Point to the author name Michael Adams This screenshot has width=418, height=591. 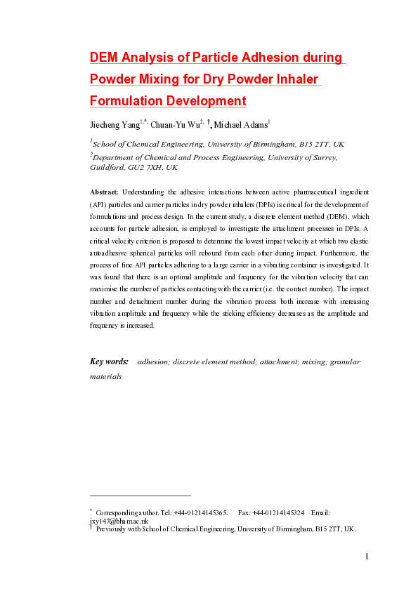click(240, 126)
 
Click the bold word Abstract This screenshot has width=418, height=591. click(105, 191)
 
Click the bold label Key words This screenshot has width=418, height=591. click(110, 362)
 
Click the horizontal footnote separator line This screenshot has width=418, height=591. click(141, 496)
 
